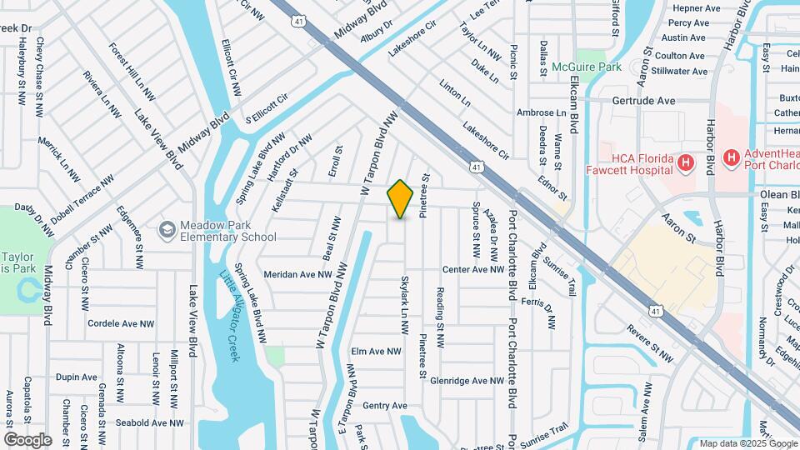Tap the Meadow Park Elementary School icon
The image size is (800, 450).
(x=167, y=228)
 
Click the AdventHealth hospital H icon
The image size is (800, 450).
(x=731, y=157)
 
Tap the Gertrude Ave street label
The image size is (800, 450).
(x=642, y=100)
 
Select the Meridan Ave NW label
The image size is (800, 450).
(x=297, y=273)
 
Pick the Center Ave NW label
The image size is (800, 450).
(x=472, y=269)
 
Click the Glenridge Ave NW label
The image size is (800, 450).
(x=467, y=380)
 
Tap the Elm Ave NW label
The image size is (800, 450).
(x=388, y=351)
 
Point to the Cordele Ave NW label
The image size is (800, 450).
(x=121, y=323)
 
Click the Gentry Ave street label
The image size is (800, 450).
(x=385, y=406)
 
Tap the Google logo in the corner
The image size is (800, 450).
(x=27, y=439)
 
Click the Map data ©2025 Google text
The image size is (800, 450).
(x=747, y=443)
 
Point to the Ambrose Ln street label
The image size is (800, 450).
(x=541, y=112)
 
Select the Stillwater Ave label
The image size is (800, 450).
(x=680, y=71)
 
